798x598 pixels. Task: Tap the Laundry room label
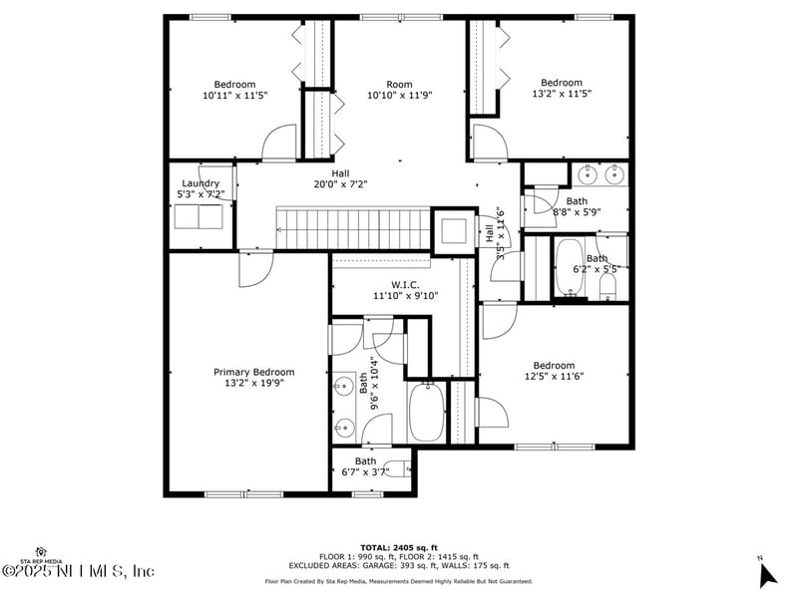pyautogui.click(x=200, y=183)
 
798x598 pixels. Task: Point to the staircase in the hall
pyautogui.click(x=352, y=229)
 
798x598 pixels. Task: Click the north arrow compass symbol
pyautogui.click(x=766, y=573)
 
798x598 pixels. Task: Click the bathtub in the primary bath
pyautogui.click(x=427, y=413)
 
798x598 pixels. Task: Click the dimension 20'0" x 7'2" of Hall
pyautogui.click(x=340, y=184)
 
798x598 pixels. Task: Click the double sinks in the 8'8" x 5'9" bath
pyautogui.click(x=601, y=176)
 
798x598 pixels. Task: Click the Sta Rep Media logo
pyautogui.click(x=41, y=553)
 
